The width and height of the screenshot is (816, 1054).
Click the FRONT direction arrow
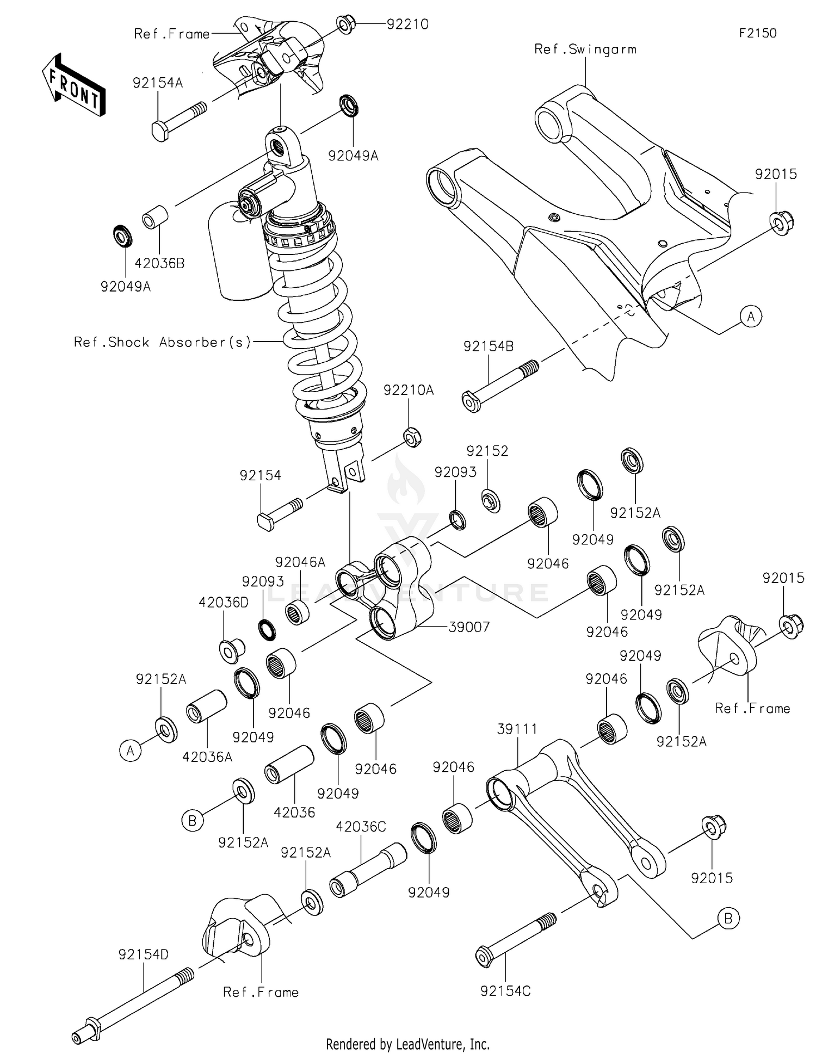click(x=73, y=84)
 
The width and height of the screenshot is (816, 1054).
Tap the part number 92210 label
click(x=407, y=24)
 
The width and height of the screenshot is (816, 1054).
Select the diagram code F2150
click(x=757, y=33)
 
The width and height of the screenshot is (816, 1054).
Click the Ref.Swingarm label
click(x=585, y=49)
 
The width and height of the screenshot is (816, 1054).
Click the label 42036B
click(x=159, y=263)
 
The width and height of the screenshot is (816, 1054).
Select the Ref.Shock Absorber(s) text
click(x=163, y=342)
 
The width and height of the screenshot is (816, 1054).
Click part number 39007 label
click(x=469, y=627)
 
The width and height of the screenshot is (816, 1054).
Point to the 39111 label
click(x=517, y=729)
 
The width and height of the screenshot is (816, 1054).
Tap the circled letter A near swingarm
click(x=751, y=316)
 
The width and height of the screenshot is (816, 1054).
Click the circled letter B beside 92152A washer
click(x=192, y=820)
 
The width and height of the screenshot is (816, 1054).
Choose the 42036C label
click(x=361, y=827)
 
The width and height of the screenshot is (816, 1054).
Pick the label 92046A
click(x=300, y=562)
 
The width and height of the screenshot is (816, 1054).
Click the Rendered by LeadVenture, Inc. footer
click(x=407, y=1044)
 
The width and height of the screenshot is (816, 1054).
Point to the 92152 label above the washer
click(x=487, y=451)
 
